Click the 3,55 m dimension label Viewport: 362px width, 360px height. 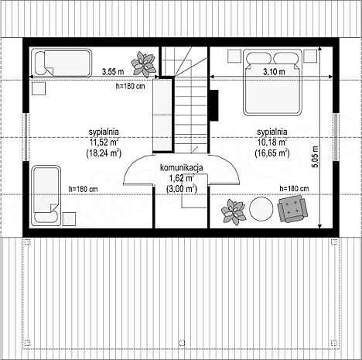point(113,71)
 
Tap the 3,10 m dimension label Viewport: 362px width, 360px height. point(274,71)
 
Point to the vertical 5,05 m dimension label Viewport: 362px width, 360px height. point(316,157)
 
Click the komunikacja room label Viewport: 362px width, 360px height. point(182,168)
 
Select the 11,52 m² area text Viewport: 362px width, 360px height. point(104,142)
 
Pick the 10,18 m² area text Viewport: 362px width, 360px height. point(272,142)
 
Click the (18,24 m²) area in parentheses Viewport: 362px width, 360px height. point(104,153)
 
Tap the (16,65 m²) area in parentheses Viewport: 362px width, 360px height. point(272,153)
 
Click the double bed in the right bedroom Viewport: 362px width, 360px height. point(272,82)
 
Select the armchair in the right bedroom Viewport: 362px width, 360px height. point(292,208)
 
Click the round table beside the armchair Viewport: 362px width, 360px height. point(261,209)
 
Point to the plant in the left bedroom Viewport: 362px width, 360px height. point(143,64)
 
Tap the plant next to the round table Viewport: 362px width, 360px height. point(233,212)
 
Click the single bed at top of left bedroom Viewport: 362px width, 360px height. point(61,63)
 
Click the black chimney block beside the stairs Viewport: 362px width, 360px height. point(214,105)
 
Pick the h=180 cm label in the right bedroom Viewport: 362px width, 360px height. point(294,189)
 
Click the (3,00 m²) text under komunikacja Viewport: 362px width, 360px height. point(182,189)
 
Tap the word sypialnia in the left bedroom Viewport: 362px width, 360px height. point(104,132)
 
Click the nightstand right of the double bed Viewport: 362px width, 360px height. point(310,56)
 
